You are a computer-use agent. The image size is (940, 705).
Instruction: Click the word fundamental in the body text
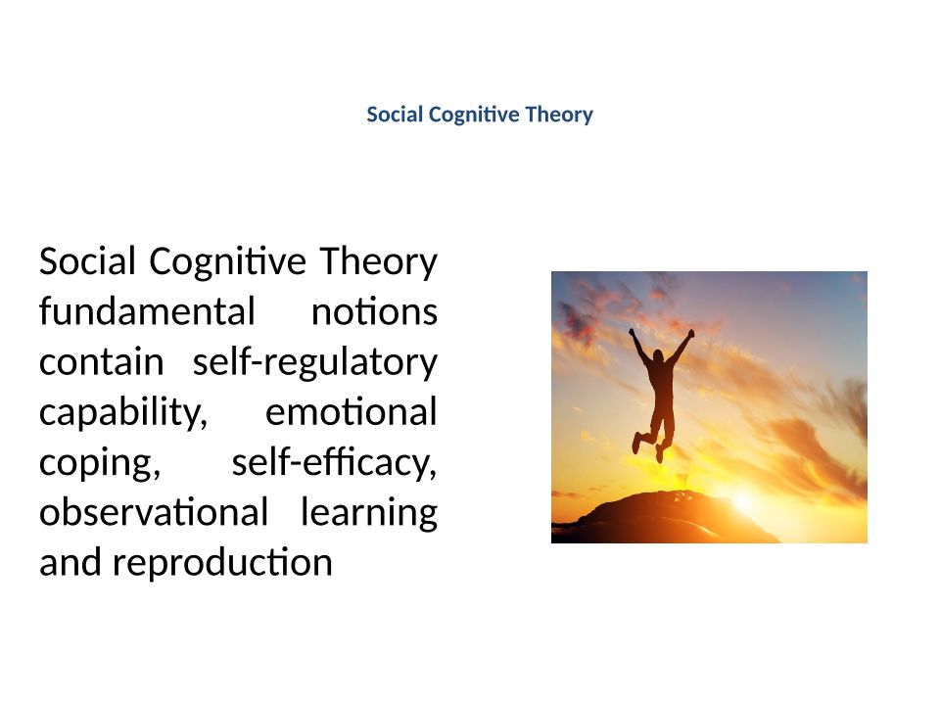[x=148, y=311]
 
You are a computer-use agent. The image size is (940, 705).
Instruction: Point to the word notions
[x=375, y=312]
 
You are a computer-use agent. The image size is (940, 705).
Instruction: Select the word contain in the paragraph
[x=101, y=362]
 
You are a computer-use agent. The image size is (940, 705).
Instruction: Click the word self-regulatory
[x=315, y=363]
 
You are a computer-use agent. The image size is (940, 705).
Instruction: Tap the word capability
[x=123, y=413]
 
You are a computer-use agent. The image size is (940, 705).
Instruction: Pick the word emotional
[x=352, y=412]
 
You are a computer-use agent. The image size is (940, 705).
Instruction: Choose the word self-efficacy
[x=335, y=463]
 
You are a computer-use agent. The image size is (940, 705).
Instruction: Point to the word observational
[x=154, y=512]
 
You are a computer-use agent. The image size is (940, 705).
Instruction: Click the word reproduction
[x=222, y=564]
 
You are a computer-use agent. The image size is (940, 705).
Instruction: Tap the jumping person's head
[x=658, y=356]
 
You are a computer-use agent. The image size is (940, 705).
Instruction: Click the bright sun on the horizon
[x=743, y=500]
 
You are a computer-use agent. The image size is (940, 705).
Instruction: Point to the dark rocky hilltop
[x=666, y=517]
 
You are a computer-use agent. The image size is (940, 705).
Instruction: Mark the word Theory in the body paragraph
[x=379, y=262]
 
